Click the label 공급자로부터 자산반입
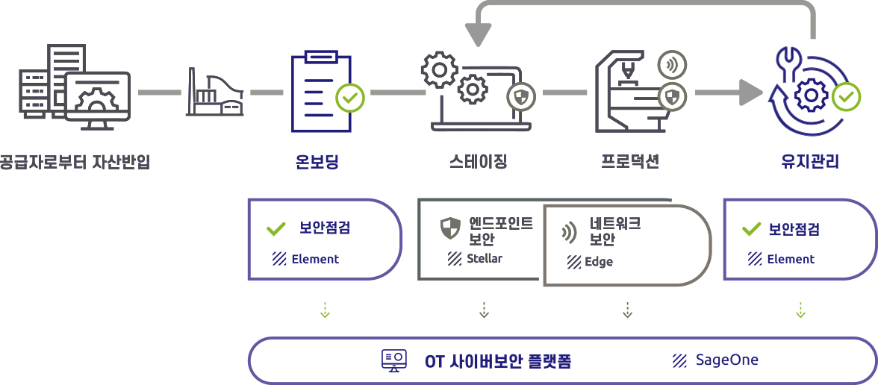coord(75,161)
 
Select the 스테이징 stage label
coord(479,161)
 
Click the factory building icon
coord(214,93)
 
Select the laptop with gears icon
coord(470,93)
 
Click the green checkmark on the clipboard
coord(349,96)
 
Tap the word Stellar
coord(485,259)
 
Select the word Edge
coord(599,262)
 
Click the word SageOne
coord(726,360)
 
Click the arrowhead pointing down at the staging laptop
coord(479,34)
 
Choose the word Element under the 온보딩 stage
coord(314,259)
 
